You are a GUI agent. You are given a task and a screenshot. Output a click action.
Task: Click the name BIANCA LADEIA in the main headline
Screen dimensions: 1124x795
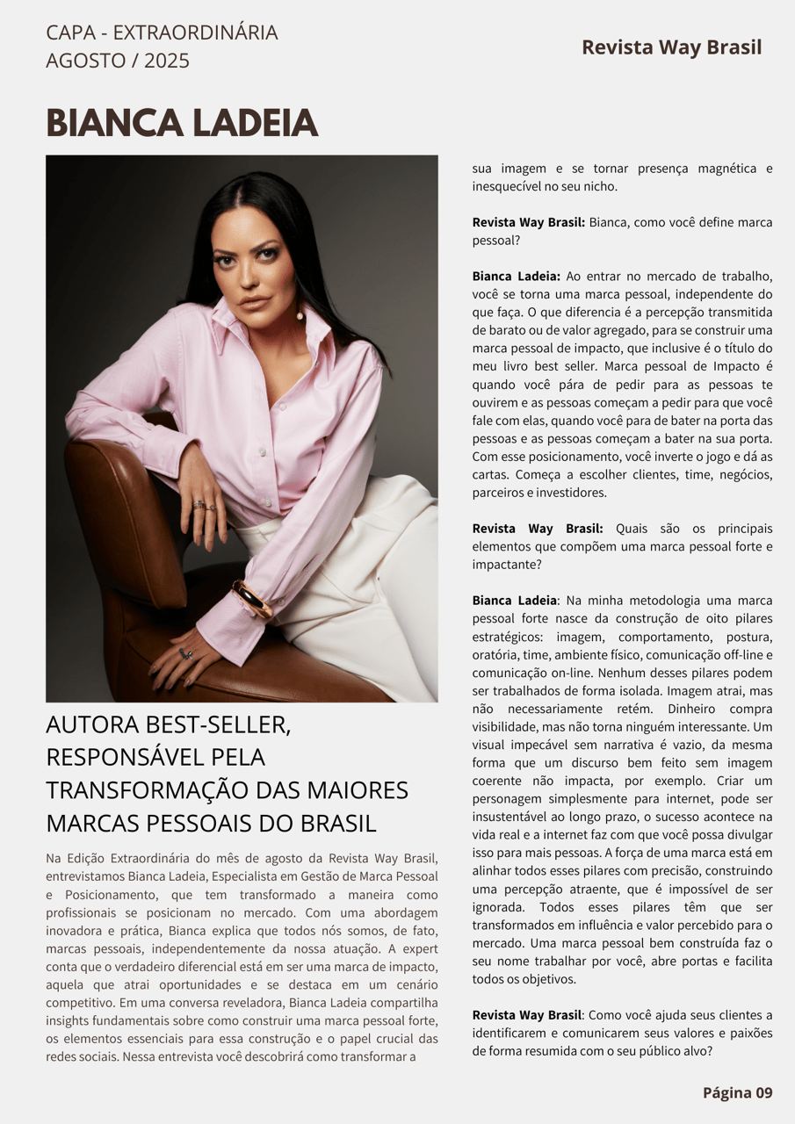[182, 123]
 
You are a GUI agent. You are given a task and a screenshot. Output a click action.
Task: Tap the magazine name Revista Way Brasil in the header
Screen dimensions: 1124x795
[671, 47]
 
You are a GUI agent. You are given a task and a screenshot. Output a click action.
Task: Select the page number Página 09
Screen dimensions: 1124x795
[737, 1092]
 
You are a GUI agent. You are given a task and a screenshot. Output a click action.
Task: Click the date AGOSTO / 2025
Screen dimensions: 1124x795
[118, 61]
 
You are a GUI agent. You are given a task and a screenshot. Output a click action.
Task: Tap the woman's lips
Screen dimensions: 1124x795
[255, 301]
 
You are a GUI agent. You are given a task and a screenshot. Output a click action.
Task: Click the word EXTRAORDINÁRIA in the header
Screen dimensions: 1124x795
[195, 32]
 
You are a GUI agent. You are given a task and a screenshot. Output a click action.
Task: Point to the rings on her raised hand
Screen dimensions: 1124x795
[204, 505]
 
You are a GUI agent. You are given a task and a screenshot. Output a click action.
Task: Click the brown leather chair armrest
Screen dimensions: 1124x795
[123, 518]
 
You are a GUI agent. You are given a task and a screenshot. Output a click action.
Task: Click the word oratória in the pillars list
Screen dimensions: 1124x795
[497, 654]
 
